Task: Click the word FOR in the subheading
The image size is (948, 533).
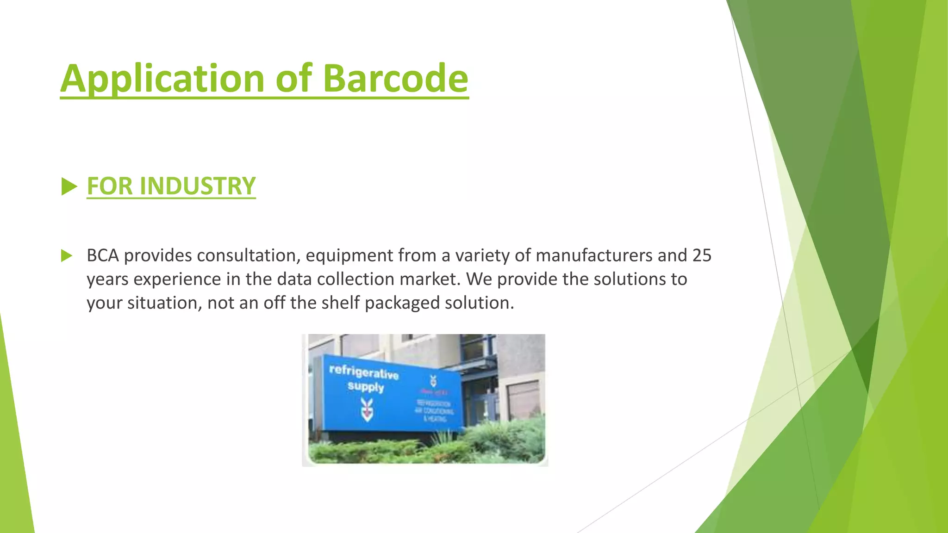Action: pyautogui.click(x=109, y=186)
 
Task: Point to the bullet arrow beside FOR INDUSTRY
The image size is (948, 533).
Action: pyautogui.click(x=69, y=187)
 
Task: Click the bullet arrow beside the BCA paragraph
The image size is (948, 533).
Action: pyautogui.click(x=67, y=256)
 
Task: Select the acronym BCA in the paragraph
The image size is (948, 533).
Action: pyautogui.click(x=103, y=256)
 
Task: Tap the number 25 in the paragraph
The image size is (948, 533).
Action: pyautogui.click(x=701, y=256)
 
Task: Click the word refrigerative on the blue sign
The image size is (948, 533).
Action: pyautogui.click(x=364, y=372)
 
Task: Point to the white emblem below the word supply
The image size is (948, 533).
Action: pyautogui.click(x=367, y=409)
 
